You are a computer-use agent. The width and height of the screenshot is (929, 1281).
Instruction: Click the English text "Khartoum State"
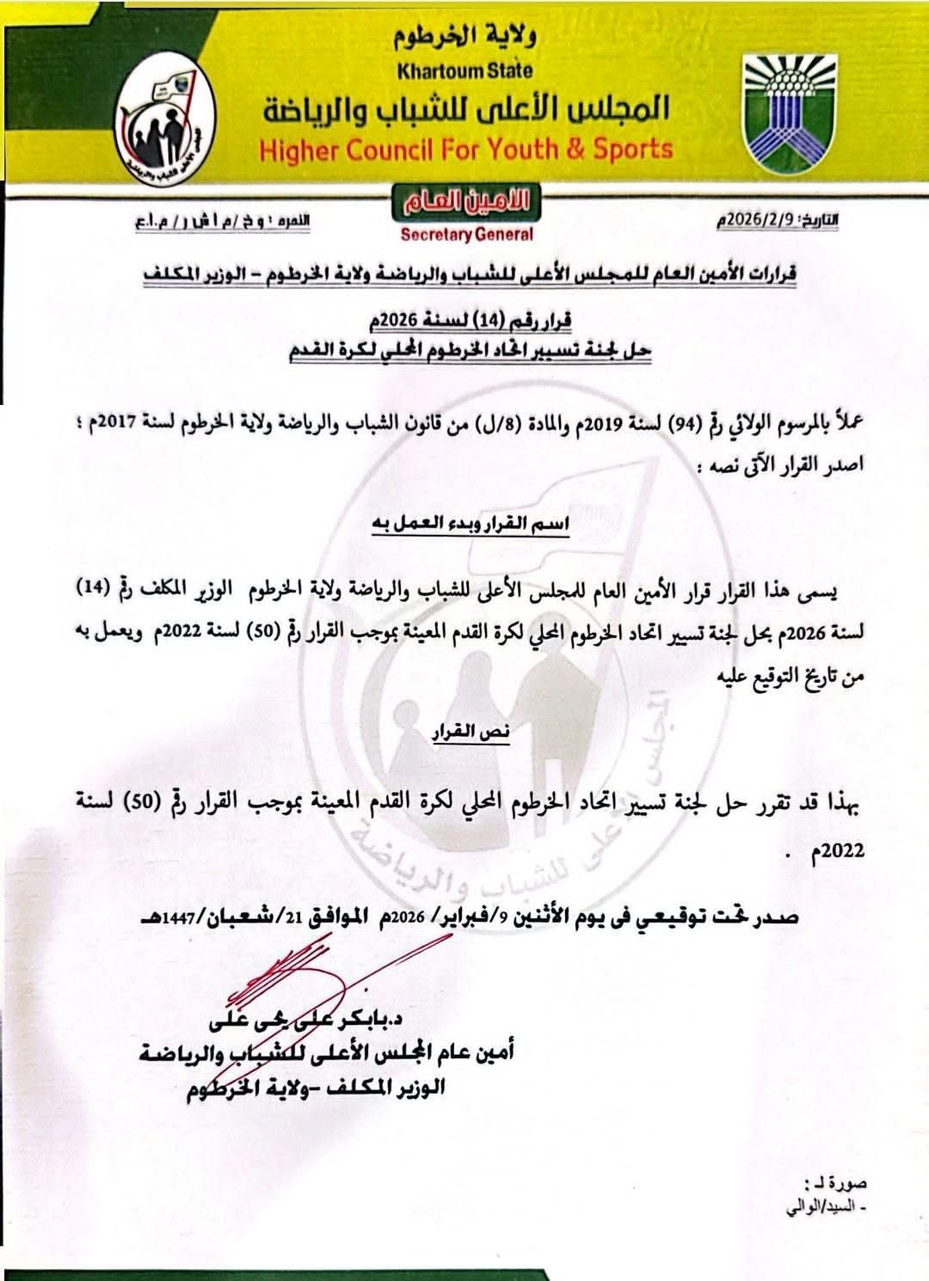click(464, 70)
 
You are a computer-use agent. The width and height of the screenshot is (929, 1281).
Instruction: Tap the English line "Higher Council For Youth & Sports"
click(465, 150)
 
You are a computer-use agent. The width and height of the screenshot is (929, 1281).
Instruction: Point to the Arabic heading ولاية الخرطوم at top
click(464, 36)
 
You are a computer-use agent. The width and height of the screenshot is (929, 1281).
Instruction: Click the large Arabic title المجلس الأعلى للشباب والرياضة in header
click(465, 110)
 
